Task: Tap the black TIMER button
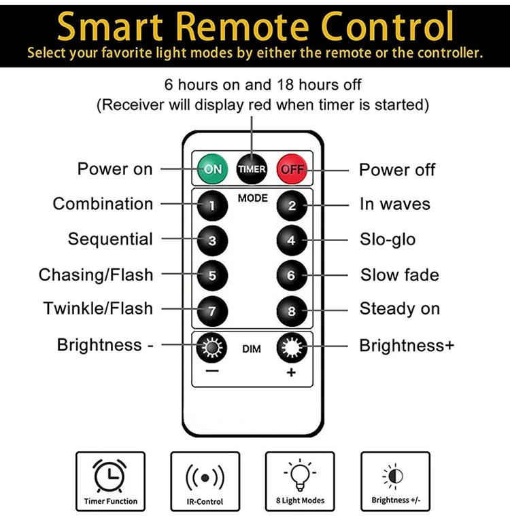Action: [x=252, y=168]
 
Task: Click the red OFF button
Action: [x=292, y=168]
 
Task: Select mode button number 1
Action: [x=212, y=204]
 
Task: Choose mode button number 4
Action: [x=292, y=240]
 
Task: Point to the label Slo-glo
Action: [x=388, y=239]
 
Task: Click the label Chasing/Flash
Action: [x=96, y=275]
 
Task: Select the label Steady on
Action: [x=400, y=309]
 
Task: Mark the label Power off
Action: [x=397, y=170]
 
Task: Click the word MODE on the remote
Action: [x=252, y=198]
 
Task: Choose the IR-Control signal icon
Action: [x=205, y=477]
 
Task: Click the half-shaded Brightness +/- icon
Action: [x=394, y=476]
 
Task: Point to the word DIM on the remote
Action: [x=252, y=350]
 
